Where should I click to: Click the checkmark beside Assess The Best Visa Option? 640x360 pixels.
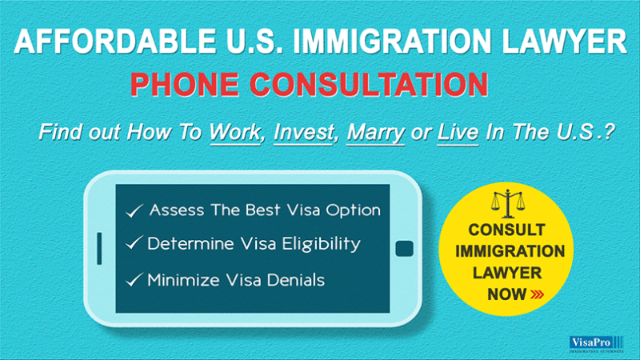tap(134, 211)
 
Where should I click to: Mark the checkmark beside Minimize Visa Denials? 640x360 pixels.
tap(134, 279)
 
